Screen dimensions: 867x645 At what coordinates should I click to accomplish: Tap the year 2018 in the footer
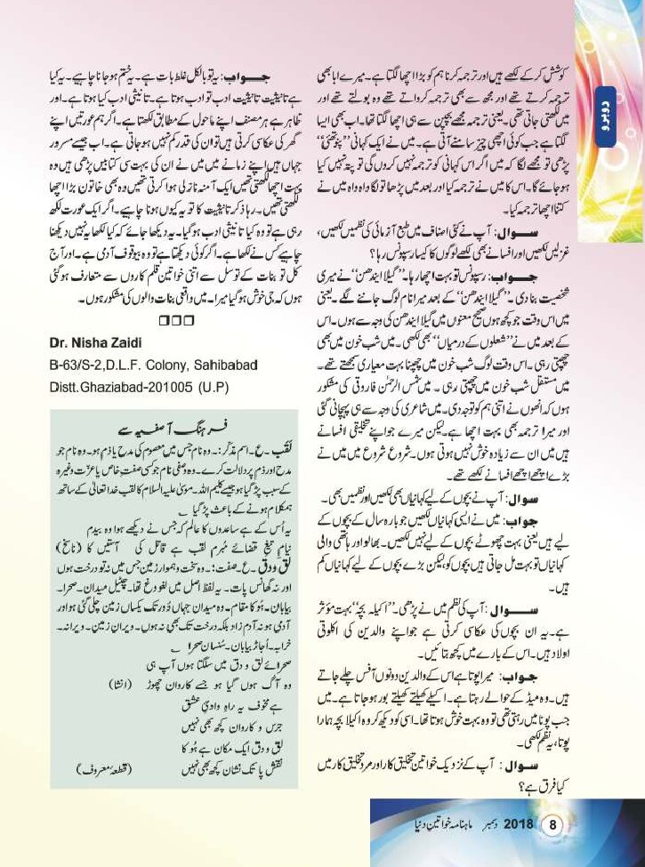click(x=516, y=824)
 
